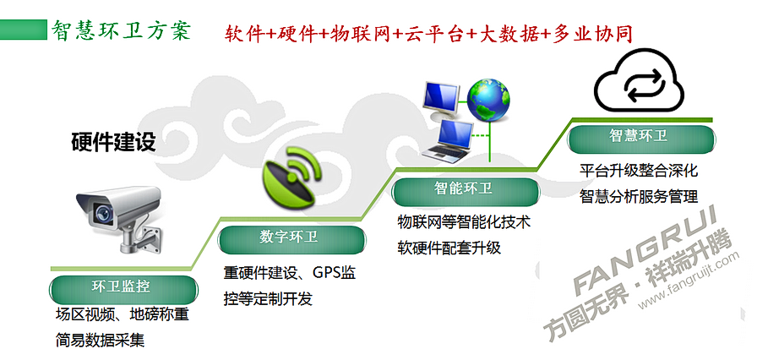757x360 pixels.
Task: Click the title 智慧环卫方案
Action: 121,30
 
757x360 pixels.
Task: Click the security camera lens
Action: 102,212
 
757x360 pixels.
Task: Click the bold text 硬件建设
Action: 113,142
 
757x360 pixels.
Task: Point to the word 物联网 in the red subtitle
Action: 361,34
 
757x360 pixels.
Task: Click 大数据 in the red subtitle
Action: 509,34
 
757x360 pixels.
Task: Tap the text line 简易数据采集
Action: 100,341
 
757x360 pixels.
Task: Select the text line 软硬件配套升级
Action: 449,248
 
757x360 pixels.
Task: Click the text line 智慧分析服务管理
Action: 639,197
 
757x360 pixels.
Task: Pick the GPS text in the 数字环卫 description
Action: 327,273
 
